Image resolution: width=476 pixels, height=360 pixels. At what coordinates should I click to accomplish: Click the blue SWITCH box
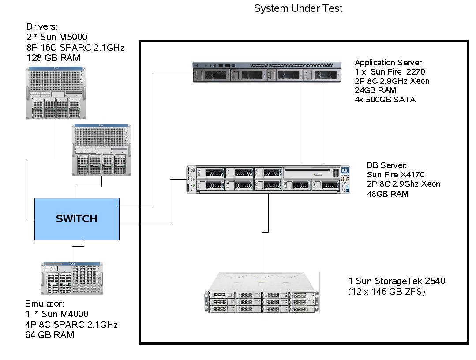77,219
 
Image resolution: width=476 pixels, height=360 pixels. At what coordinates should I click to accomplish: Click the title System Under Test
298,8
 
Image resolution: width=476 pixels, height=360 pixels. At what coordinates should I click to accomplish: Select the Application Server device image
267,72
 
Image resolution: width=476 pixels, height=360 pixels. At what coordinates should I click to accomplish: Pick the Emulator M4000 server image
72,278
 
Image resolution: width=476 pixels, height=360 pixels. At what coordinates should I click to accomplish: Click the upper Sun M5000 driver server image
56,93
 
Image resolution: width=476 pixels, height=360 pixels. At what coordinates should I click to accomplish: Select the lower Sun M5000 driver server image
101,150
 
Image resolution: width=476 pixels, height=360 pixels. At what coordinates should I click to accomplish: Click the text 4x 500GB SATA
385,100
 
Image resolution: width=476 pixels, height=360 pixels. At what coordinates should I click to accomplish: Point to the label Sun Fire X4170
395,175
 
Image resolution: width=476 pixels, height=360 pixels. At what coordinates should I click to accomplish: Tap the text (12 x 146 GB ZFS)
386,291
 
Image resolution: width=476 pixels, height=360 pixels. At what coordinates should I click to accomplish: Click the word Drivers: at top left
42,27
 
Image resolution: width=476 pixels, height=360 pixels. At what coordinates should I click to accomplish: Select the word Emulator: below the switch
45,304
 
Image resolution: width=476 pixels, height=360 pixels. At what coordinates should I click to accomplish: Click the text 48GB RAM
387,194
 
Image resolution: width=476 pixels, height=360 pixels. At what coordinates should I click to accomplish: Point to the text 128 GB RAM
53,58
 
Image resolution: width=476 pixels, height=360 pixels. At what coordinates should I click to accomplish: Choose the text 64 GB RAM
49,335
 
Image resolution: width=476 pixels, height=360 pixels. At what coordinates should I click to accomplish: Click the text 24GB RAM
375,90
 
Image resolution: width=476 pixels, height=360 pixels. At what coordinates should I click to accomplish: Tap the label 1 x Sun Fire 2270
390,72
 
